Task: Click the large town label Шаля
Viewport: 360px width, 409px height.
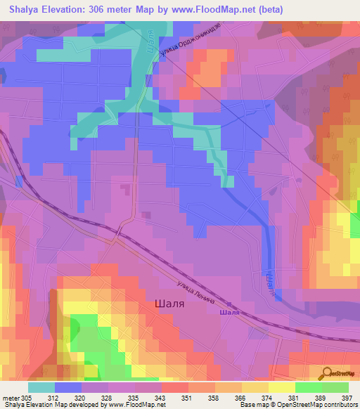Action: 169,305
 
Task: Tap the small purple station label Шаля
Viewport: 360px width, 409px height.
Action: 230,312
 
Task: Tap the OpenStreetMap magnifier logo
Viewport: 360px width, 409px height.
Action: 325,372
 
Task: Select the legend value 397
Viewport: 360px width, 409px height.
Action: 347,396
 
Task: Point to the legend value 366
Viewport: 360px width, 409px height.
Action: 240,396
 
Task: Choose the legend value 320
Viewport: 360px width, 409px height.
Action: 82,396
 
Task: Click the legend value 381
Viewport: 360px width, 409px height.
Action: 295,396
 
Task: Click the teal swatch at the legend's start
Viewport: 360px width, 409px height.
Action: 41,387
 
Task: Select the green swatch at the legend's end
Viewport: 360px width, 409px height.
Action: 335,387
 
